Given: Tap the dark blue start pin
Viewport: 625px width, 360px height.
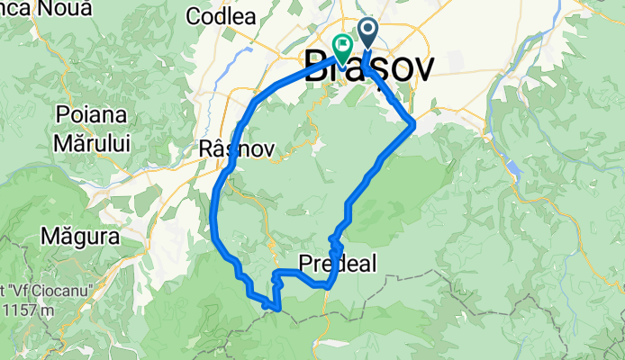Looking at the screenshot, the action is tap(369, 32).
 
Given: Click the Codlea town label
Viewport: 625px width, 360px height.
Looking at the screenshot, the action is tap(221, 16).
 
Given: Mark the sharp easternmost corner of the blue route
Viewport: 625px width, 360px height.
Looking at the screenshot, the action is tap(413, 124).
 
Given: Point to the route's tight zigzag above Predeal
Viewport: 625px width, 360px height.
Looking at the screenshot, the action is tap(335, 241).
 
